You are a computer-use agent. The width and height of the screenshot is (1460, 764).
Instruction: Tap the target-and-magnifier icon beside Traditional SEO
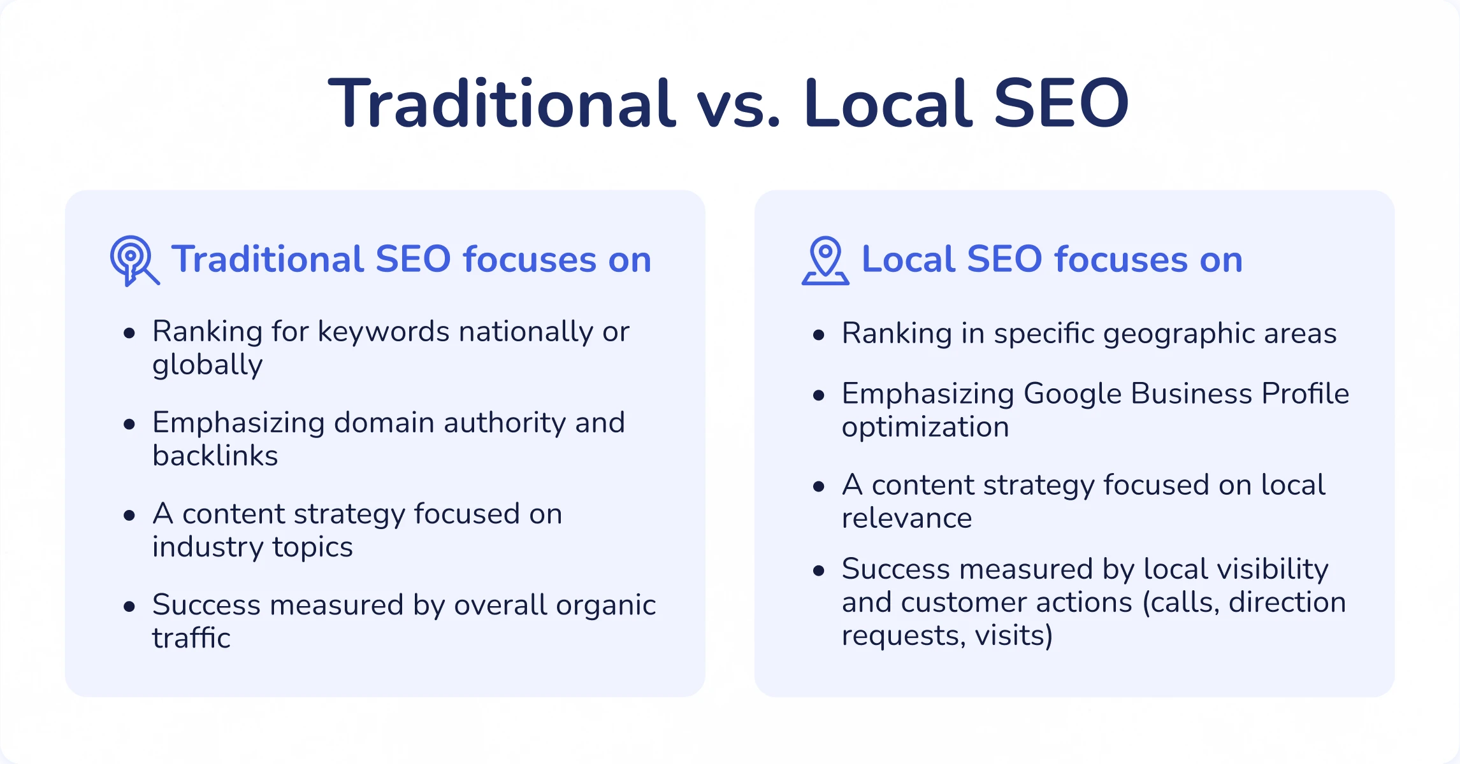(134, 261)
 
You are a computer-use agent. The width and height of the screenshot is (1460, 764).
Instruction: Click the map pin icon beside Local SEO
(825, 260)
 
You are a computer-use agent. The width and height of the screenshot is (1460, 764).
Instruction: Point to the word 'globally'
(207, 365)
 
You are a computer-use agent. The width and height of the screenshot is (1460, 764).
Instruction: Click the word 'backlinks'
(215, 456)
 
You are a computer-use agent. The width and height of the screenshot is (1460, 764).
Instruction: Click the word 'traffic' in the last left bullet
(191, 638)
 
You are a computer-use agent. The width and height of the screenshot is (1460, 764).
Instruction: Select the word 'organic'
(605, 605)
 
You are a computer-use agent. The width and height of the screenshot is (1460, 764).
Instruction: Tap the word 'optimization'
(925, 427)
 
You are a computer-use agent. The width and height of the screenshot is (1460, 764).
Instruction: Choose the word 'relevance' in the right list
(907, 518)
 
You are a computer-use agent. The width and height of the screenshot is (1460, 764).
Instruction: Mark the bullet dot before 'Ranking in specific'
(819, 335)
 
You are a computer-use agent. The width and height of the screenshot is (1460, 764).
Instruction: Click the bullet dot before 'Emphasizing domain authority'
(129, 424)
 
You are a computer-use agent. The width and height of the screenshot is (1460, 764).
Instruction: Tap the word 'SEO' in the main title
(1061, 104)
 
